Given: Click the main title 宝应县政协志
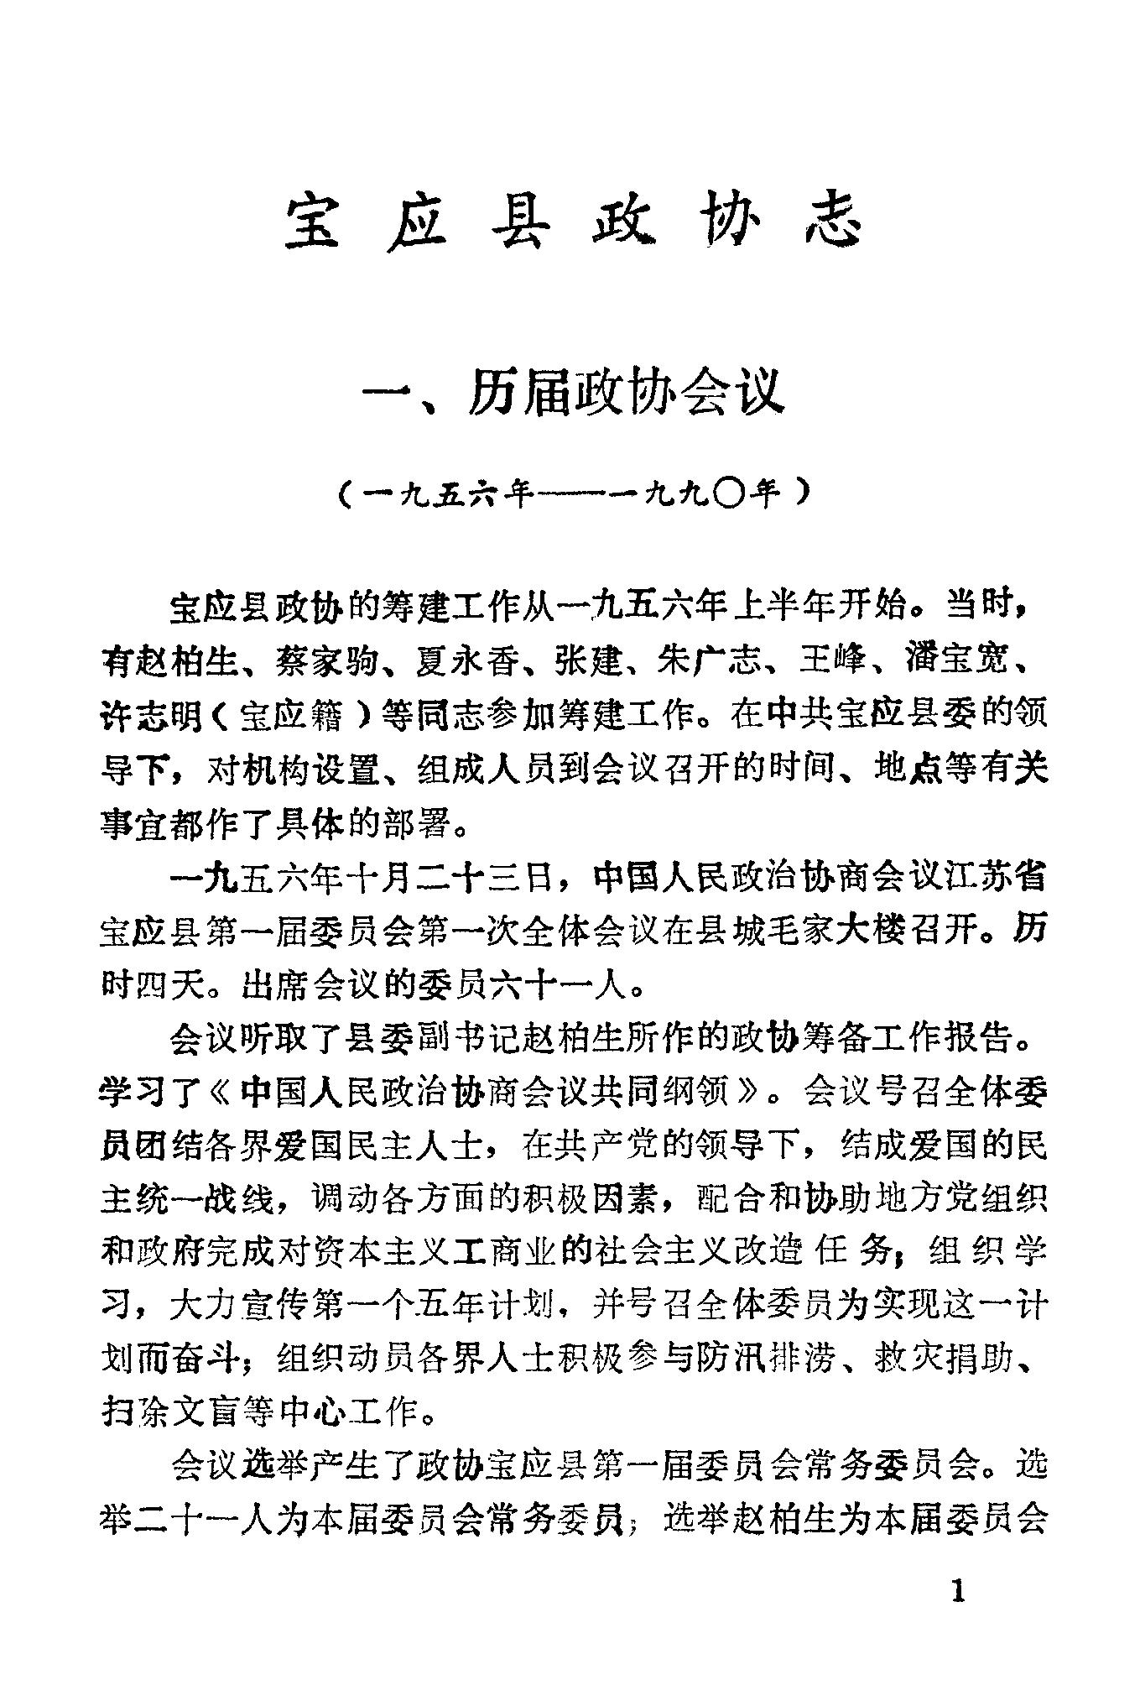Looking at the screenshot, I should click(574, 222).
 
